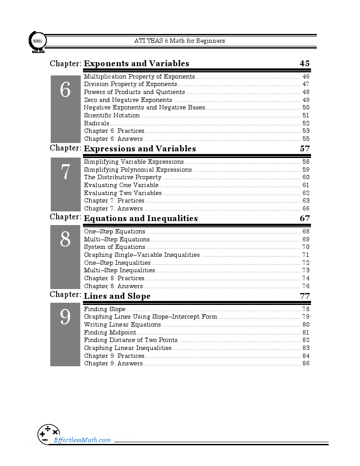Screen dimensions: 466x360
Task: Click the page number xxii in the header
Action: tap(36, 41)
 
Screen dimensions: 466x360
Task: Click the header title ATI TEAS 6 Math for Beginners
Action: tap(180, 41)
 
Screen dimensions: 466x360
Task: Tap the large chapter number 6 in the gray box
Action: tap(65, 90)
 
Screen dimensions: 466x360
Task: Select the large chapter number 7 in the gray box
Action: tap(65, 172)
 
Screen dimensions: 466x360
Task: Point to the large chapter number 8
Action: tap(65, 240)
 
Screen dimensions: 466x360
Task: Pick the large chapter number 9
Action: tap(65, 317)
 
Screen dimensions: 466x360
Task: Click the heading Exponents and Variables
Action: tap(136, 64)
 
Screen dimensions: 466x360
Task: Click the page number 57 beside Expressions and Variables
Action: tap(304, 149)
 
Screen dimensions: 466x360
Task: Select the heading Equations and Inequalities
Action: tap(141, 218)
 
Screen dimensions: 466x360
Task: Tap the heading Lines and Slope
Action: tap(117, 296)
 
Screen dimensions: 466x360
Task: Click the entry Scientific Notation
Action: tap(112, 116)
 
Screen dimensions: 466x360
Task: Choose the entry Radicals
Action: tap(96, 124)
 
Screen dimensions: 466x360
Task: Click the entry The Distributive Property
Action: tap(123, 177)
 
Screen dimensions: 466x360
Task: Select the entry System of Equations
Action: tap(114, 247)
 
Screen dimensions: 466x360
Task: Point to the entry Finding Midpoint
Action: tap(110, 333)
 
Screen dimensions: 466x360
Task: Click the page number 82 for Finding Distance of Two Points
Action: tap(306, 340)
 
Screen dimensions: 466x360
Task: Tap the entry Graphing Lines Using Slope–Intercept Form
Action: tap(150, 317)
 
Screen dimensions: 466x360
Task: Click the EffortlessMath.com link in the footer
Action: tap(82, 440)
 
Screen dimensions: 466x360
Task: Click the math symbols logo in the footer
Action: tap(49, 434)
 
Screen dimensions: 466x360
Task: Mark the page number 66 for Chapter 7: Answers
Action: tap(306, 209)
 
